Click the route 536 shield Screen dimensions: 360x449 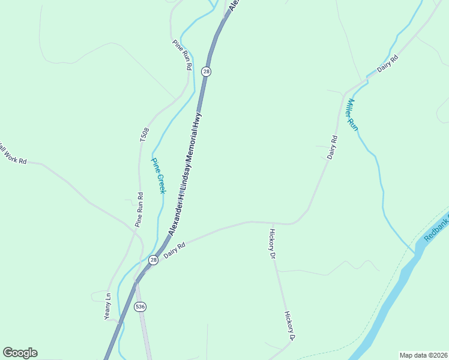[x=140, y=307]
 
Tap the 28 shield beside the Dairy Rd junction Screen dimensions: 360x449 [x=154, y=260]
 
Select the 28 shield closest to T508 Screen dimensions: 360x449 [x=206, y=71]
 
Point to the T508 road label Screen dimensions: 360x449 [x=144, y=134]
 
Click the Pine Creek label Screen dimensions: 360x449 [x=158, y=176]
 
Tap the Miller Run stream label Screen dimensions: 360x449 [x=351, y=115]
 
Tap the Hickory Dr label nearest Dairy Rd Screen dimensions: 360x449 [x=273, y=244]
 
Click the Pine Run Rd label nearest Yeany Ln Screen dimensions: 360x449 [x=139, y=209]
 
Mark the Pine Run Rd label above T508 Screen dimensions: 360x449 [x=181, y=55]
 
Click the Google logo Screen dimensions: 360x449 [x=20, y=353]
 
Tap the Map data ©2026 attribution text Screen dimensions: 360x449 [x=423, y=355]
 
